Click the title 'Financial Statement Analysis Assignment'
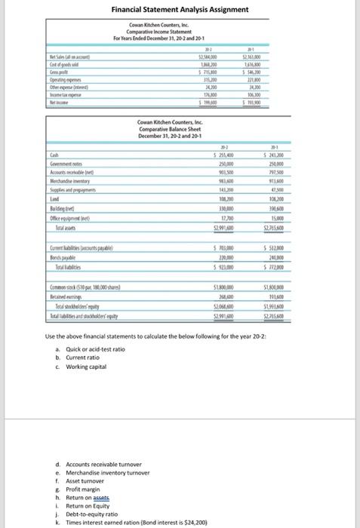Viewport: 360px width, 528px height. (x=180, y=10)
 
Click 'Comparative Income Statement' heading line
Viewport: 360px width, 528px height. (x=158, y=32)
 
